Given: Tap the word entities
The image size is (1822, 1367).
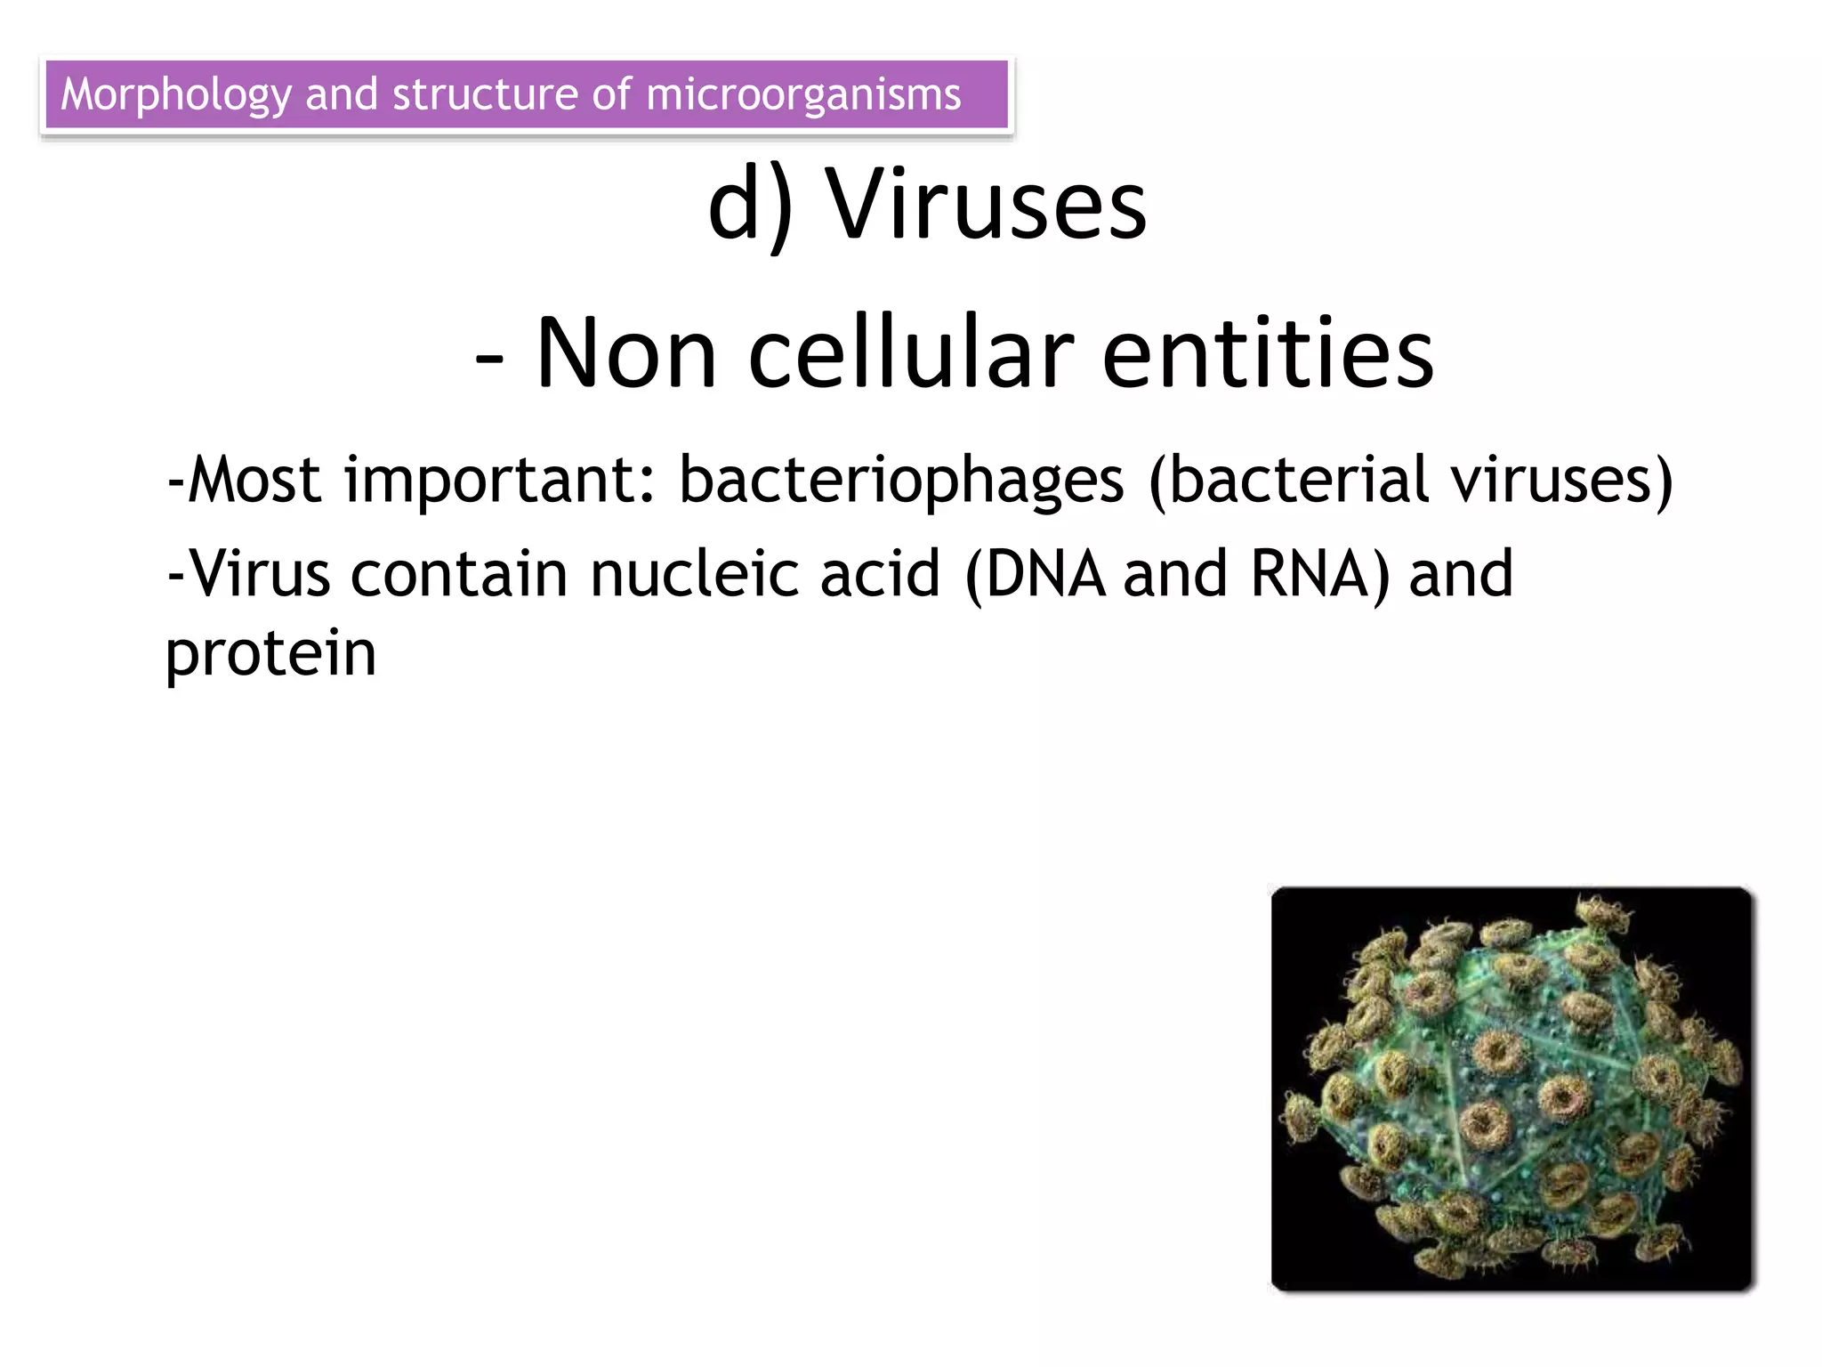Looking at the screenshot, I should (x=1268, y=353).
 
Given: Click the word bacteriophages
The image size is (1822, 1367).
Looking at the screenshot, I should (x=901, y=481).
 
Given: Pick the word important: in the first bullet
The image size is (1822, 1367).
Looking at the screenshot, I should (x=499, y=481).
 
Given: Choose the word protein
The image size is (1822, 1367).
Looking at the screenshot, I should (x=271, y=654).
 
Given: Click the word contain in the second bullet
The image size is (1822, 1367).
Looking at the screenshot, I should (x=459, y=574).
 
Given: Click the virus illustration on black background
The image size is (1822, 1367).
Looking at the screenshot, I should (x=1511, y=1088).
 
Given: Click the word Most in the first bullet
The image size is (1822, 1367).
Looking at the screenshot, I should (x=254, y=481).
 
